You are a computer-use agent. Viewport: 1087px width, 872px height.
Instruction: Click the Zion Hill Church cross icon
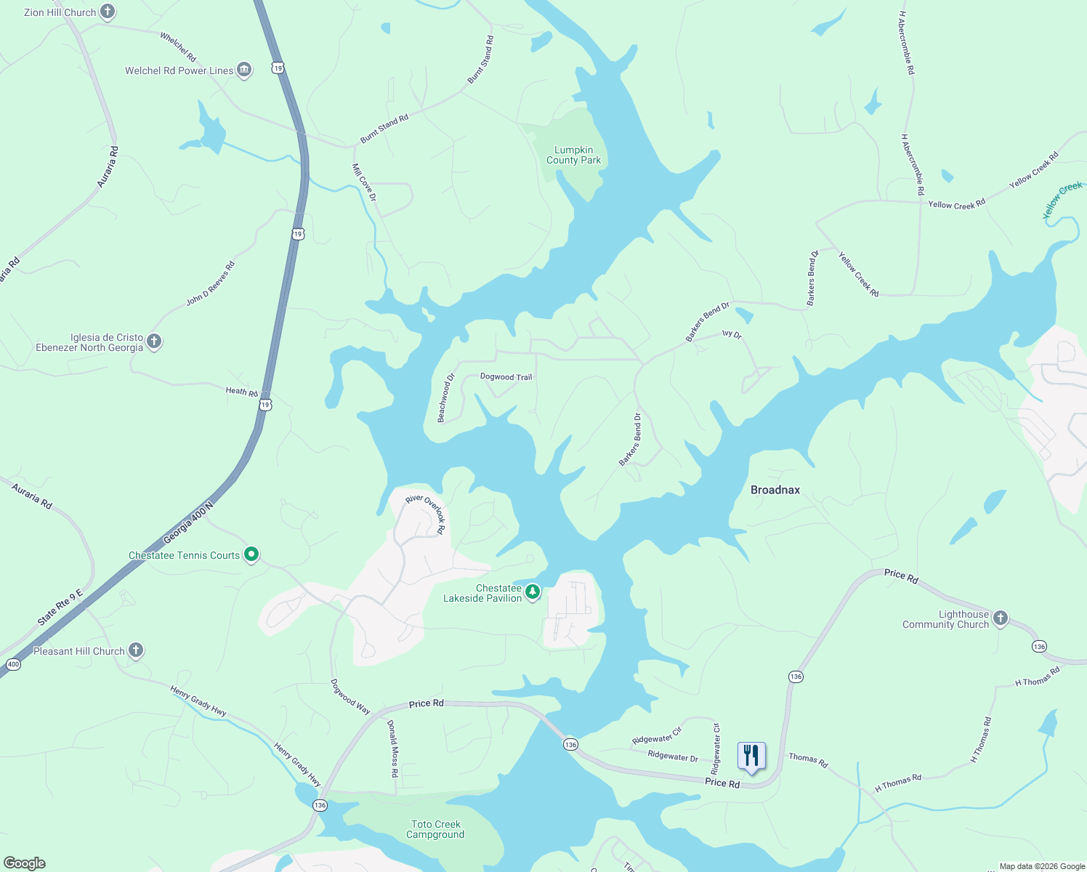108,12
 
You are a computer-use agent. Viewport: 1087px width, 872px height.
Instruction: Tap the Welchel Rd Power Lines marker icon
244,70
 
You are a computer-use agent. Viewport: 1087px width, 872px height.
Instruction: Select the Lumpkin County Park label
573,156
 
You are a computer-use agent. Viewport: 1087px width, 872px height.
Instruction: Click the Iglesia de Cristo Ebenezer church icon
154,341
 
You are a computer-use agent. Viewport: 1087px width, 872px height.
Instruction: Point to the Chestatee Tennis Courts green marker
251,554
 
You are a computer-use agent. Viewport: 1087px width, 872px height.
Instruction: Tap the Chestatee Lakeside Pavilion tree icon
533,592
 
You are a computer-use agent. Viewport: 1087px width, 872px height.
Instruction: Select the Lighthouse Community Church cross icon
1001,618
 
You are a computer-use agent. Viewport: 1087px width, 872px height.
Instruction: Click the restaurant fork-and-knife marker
751,756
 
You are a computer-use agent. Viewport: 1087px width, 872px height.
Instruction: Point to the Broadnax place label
775,490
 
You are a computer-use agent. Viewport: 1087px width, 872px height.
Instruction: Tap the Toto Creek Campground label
435,829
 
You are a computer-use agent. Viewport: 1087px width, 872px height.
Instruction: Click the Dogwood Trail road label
506,376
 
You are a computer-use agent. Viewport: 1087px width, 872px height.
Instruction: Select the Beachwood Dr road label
445,397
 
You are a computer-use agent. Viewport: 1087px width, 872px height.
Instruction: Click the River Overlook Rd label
426,513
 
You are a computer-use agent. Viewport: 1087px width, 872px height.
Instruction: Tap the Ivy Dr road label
732,335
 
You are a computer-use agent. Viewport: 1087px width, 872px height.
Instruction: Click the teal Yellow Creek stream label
1062,200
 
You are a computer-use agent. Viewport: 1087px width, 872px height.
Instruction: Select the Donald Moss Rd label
392,748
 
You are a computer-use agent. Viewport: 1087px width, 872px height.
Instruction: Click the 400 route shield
13,664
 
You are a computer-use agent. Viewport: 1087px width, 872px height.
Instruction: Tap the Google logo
24,863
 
